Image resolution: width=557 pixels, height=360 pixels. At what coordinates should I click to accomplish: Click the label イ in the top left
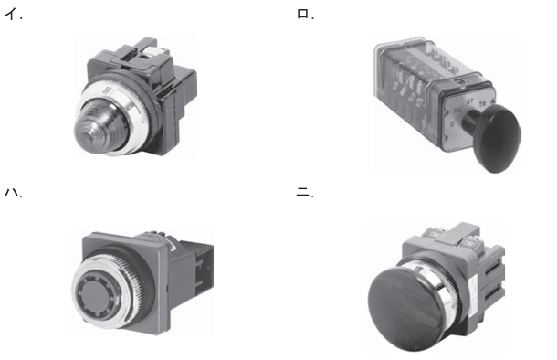tap(11, 14)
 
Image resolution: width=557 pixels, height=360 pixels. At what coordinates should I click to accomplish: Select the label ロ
tap(302, 14)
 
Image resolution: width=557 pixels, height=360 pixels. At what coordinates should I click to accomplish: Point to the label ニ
tap(302, 193)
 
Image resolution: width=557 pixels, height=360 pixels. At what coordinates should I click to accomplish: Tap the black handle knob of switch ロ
tap(498, 138)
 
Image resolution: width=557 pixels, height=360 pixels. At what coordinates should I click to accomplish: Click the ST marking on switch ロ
tap(470, 102)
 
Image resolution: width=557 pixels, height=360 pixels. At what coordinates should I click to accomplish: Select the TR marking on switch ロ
tap(482, 104)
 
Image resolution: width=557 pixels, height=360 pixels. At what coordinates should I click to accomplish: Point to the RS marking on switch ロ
tap(457, 111)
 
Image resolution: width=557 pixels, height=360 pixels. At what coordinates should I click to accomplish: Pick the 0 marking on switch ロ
tap(452, 124)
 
